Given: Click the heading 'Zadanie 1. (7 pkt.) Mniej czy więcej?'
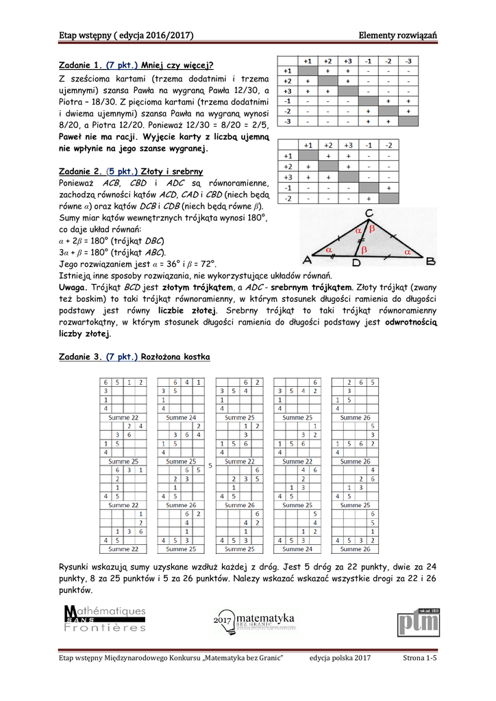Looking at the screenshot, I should [x=136, y=66].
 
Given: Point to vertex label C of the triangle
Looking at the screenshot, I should [x=369, y=213].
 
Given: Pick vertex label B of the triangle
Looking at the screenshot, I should [x=430, y=262].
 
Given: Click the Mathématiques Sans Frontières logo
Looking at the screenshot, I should [x=104, y=620].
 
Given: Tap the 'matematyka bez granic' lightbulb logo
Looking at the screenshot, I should [x=253, y=621].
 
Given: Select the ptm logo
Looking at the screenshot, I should [x=417, y=621].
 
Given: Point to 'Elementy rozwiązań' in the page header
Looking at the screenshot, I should [x=398, y=35].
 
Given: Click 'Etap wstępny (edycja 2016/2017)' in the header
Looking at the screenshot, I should [x=125, y=35].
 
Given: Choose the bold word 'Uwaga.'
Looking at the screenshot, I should [x=73, y=287].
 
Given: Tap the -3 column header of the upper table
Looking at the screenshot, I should [x=408, y=60].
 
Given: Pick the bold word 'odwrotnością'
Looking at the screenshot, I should [x=411, y=322].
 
